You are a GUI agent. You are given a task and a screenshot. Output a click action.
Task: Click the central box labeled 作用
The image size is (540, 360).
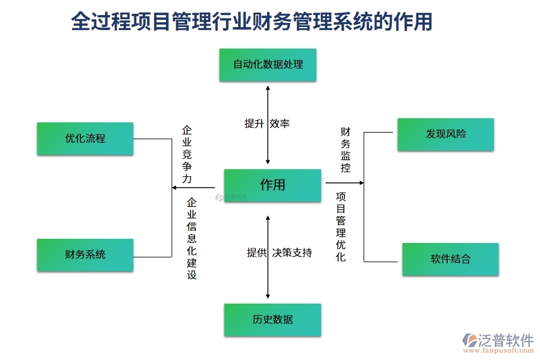(x=272, y=185)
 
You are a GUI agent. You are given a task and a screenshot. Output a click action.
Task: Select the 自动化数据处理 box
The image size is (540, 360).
(x=268, y=64)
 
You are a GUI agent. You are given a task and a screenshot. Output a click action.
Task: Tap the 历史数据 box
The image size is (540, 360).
(x=272, y=319)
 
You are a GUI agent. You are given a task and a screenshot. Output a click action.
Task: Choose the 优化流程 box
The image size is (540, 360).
(x=85, y=139)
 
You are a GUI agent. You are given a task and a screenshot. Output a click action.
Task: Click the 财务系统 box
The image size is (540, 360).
(x=85, y=254)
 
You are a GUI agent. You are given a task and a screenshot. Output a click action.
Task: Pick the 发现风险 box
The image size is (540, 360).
(x=445, y=134)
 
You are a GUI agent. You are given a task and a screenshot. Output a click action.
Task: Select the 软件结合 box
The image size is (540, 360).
(x=450, y=259)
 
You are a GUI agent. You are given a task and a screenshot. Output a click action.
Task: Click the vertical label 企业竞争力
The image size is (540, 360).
(x=187, y=154)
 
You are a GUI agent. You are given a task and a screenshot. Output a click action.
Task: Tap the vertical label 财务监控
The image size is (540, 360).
(x=346, y=149)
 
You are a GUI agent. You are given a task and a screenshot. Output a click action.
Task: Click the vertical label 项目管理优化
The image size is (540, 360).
(x=341, y=226)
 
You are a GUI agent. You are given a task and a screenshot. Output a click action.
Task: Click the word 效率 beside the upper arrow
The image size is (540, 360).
(x=280, y=124)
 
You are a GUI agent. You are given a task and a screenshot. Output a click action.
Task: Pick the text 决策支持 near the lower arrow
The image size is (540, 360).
(x=292, y=253)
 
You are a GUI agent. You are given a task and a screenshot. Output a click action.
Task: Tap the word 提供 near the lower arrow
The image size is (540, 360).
(x=257, y=253)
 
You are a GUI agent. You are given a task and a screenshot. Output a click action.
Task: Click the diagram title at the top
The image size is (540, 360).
(x=251, y=22)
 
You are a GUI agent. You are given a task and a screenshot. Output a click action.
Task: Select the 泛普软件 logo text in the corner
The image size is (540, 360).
(x=505, y=340)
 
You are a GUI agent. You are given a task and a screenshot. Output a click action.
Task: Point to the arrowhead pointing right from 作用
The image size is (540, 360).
(x=361, y=182)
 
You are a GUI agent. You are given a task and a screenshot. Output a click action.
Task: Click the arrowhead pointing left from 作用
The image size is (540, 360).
(x=175, y=188)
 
